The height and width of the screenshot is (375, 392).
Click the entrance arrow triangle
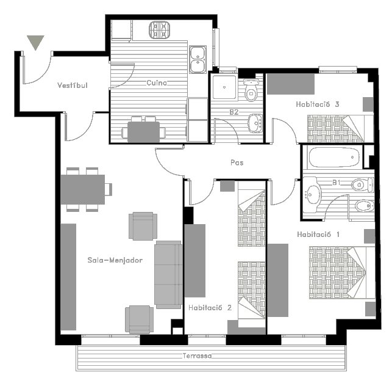click(35, 42)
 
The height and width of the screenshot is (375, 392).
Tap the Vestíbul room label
click(73, 86)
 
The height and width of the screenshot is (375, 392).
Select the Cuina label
click(157, 82)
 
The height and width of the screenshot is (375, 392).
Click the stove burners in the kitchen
click(160, 30)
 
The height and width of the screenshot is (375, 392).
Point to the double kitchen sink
click(198, 60)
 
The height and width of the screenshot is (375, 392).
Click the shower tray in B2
click(224, 87)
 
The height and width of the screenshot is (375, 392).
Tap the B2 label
click(234, 112)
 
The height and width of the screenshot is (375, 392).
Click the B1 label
click(337, 183)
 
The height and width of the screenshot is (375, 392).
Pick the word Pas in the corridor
click(237, 162)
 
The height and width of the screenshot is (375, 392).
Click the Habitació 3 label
click(318, 104)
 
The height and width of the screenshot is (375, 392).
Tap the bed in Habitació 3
click(340, 129)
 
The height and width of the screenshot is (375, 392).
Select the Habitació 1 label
click(318, 235)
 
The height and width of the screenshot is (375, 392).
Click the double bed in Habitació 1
click(342, 272)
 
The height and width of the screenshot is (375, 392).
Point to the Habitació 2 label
click(210, 308)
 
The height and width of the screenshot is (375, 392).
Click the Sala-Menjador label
click(115, 260)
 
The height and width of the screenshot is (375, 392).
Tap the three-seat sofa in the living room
click(168, 275)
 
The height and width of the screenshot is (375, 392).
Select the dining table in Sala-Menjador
click(83, 189)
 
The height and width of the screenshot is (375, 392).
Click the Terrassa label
click(197, 355)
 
